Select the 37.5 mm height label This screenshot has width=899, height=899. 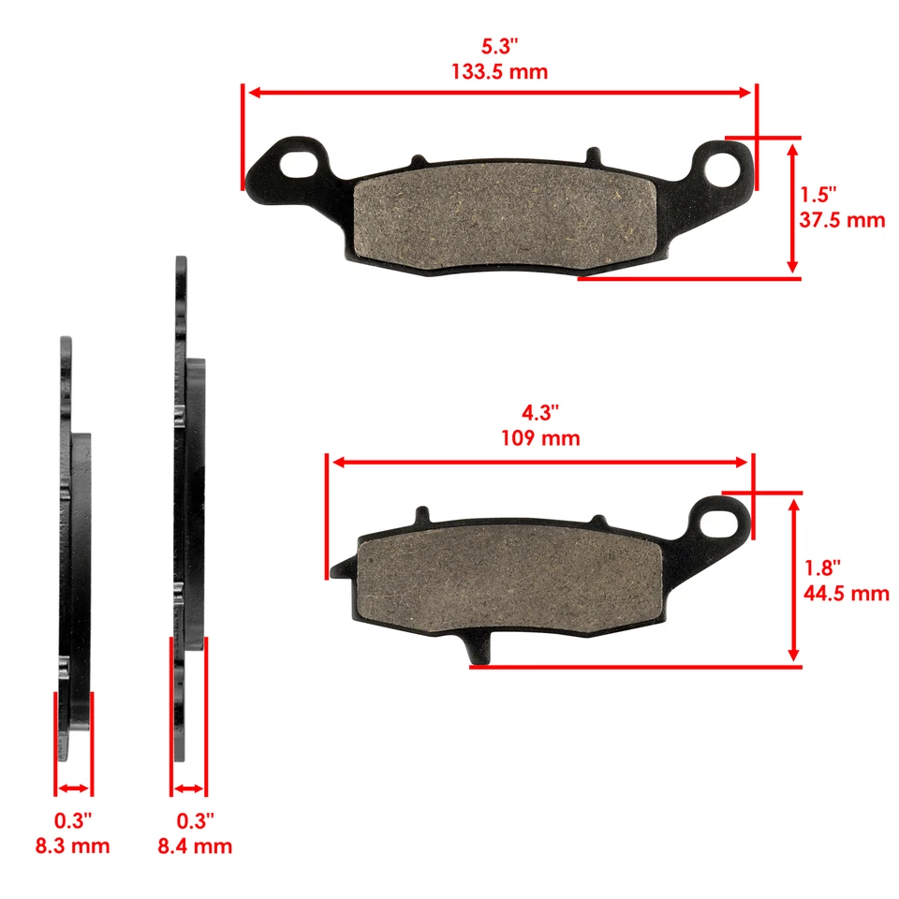(x=842, y=221)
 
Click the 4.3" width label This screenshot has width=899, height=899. (x=540, y=411)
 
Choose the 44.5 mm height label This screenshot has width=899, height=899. (x=846, y=593)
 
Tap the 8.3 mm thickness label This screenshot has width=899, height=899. (x=74, y=847)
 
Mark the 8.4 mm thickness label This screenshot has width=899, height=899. (x=196, y=847)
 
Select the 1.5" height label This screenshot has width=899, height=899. (x=818, y=195)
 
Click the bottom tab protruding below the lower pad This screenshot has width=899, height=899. (x=477, y=648)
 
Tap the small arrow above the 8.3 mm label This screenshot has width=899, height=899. (x=74, y=788)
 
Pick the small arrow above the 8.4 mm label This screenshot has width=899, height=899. (x=189, y=788)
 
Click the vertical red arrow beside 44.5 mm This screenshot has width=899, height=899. (x=794, y=580)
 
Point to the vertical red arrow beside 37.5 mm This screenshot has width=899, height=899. (x=794, y=208)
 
